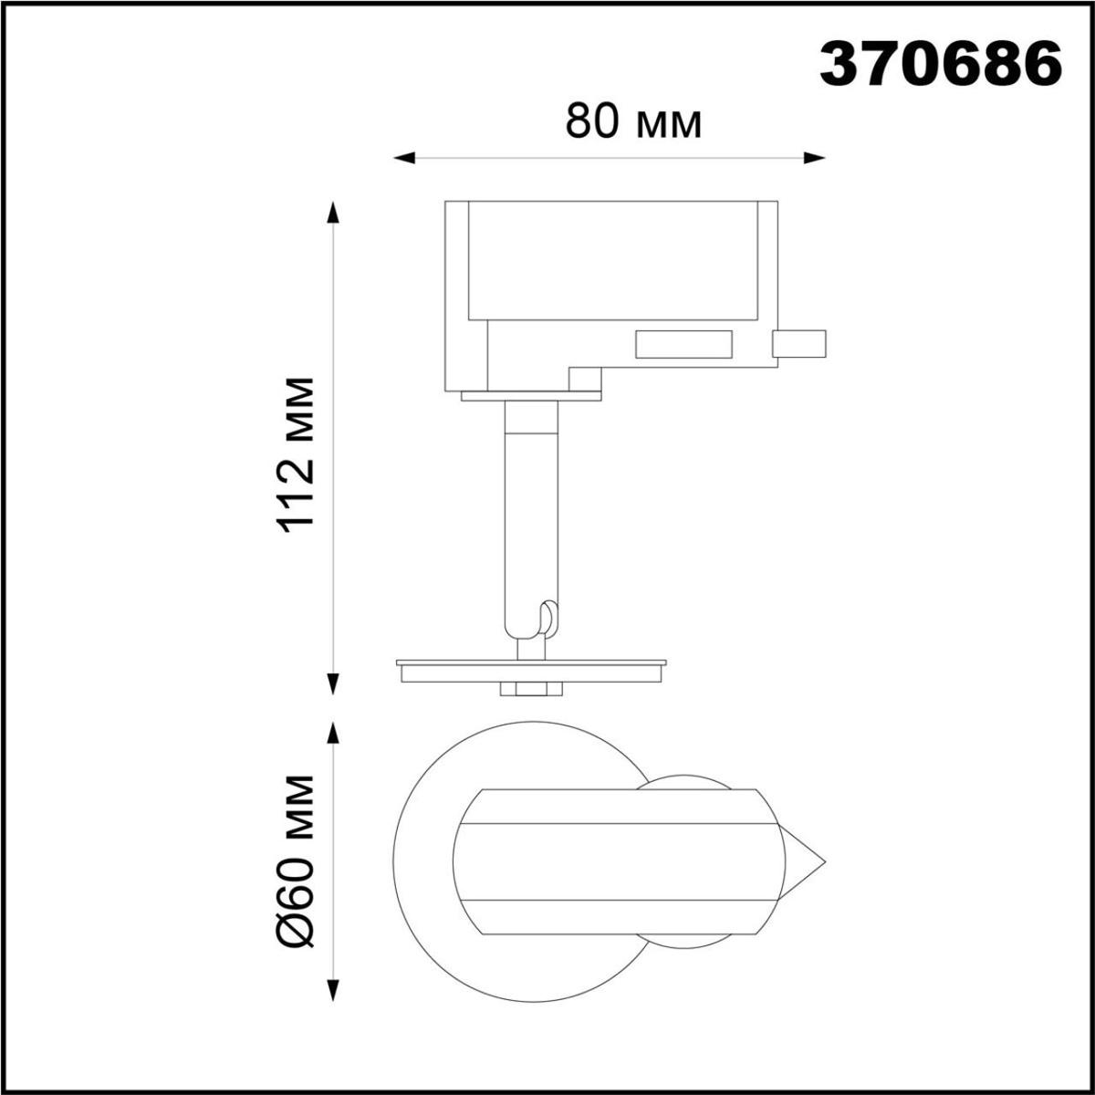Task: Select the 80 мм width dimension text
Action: (633, 121)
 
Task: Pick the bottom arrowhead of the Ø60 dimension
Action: (334, 989)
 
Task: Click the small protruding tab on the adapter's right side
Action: (799, 343)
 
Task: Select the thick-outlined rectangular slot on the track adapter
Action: (684, 344)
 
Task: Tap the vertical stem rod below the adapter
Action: (530, 511)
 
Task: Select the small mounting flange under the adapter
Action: (531, 397)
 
